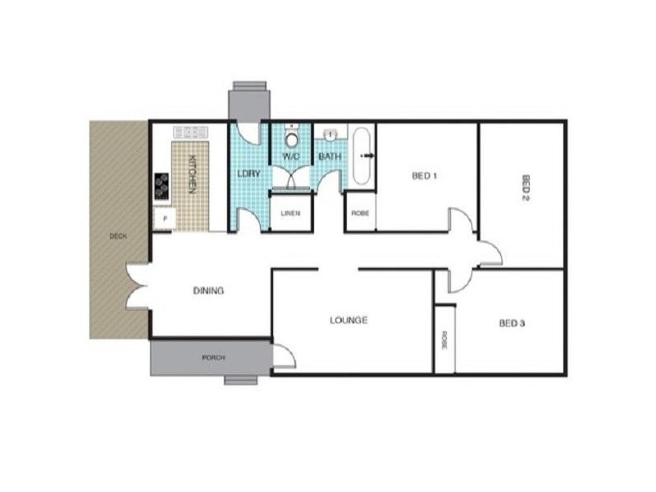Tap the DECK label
pyautogui.click(x=118, y=237)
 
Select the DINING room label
pyautogui.click(x=208, y=290)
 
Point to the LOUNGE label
pyautogui.click(x=349, y=320)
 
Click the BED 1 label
pyautogui.click(x=424, y=175)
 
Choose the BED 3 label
pyautogui.click(x=512, y=323)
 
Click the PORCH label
pyautogui.click(x=212, y=358)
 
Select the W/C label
pyautogui.click(x=292, y=156)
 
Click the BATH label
pyautogui.click(x=330, y=156)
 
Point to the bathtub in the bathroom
pyautogui.click(x=362, y=156)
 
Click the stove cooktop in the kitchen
pyautogui.click(x=162, y=186)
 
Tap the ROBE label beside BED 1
pyautogui.click(x=360, y=213)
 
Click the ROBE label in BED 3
pyautogui.click(x=444, y=339)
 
